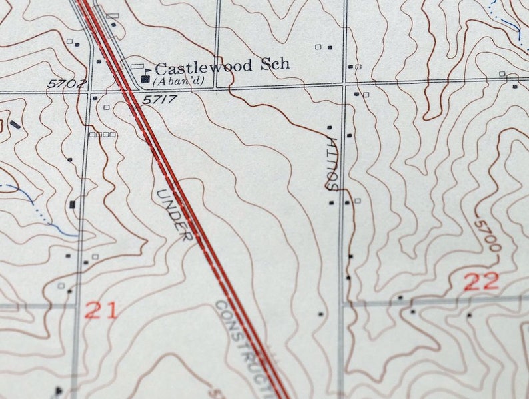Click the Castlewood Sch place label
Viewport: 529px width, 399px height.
[222, 66]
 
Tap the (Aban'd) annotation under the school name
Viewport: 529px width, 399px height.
[177, 81]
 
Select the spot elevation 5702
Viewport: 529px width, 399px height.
[67, 83]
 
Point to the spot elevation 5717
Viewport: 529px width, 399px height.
[159, 99]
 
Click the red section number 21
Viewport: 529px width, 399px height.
[101, 310]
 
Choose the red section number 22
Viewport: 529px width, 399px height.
[481, 282]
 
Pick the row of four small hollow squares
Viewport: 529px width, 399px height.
[103, 134]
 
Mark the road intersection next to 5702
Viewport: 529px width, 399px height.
[91, 91]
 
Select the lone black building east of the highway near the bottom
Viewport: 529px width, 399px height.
[320, 314]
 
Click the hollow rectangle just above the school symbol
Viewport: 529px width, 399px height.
[137, 67]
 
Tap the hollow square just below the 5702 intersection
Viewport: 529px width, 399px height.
[106, 107]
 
